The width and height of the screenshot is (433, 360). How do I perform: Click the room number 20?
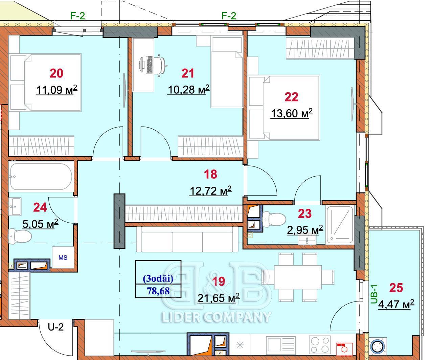point(56,73)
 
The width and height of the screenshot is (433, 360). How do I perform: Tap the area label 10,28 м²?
point(188,90)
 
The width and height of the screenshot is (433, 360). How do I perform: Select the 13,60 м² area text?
point(292,113)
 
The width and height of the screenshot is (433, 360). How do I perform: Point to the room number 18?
point(210,174)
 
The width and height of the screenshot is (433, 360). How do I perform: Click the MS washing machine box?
point(63,257)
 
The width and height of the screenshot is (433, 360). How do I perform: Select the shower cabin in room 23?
point(340,225)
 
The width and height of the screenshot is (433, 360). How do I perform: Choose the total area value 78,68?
point(158,291)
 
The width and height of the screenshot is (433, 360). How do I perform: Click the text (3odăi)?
point(158,279)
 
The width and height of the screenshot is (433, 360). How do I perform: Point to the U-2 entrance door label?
point(55,327)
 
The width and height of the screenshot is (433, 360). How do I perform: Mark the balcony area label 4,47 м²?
point(396,304)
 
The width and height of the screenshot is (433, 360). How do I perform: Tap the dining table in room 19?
point(298,277)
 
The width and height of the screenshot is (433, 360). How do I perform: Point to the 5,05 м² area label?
point(40,224)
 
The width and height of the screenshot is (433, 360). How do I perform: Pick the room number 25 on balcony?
point(396,288)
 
